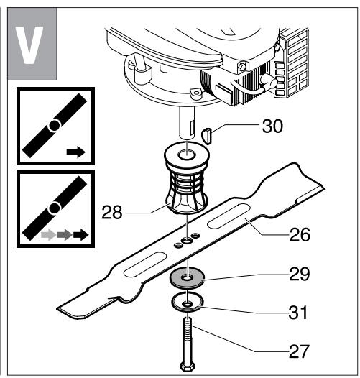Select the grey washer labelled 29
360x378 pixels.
pyautogui.click(x=188, y=277)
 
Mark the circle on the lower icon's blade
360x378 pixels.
pyautogui.click(x=52, y=209)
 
